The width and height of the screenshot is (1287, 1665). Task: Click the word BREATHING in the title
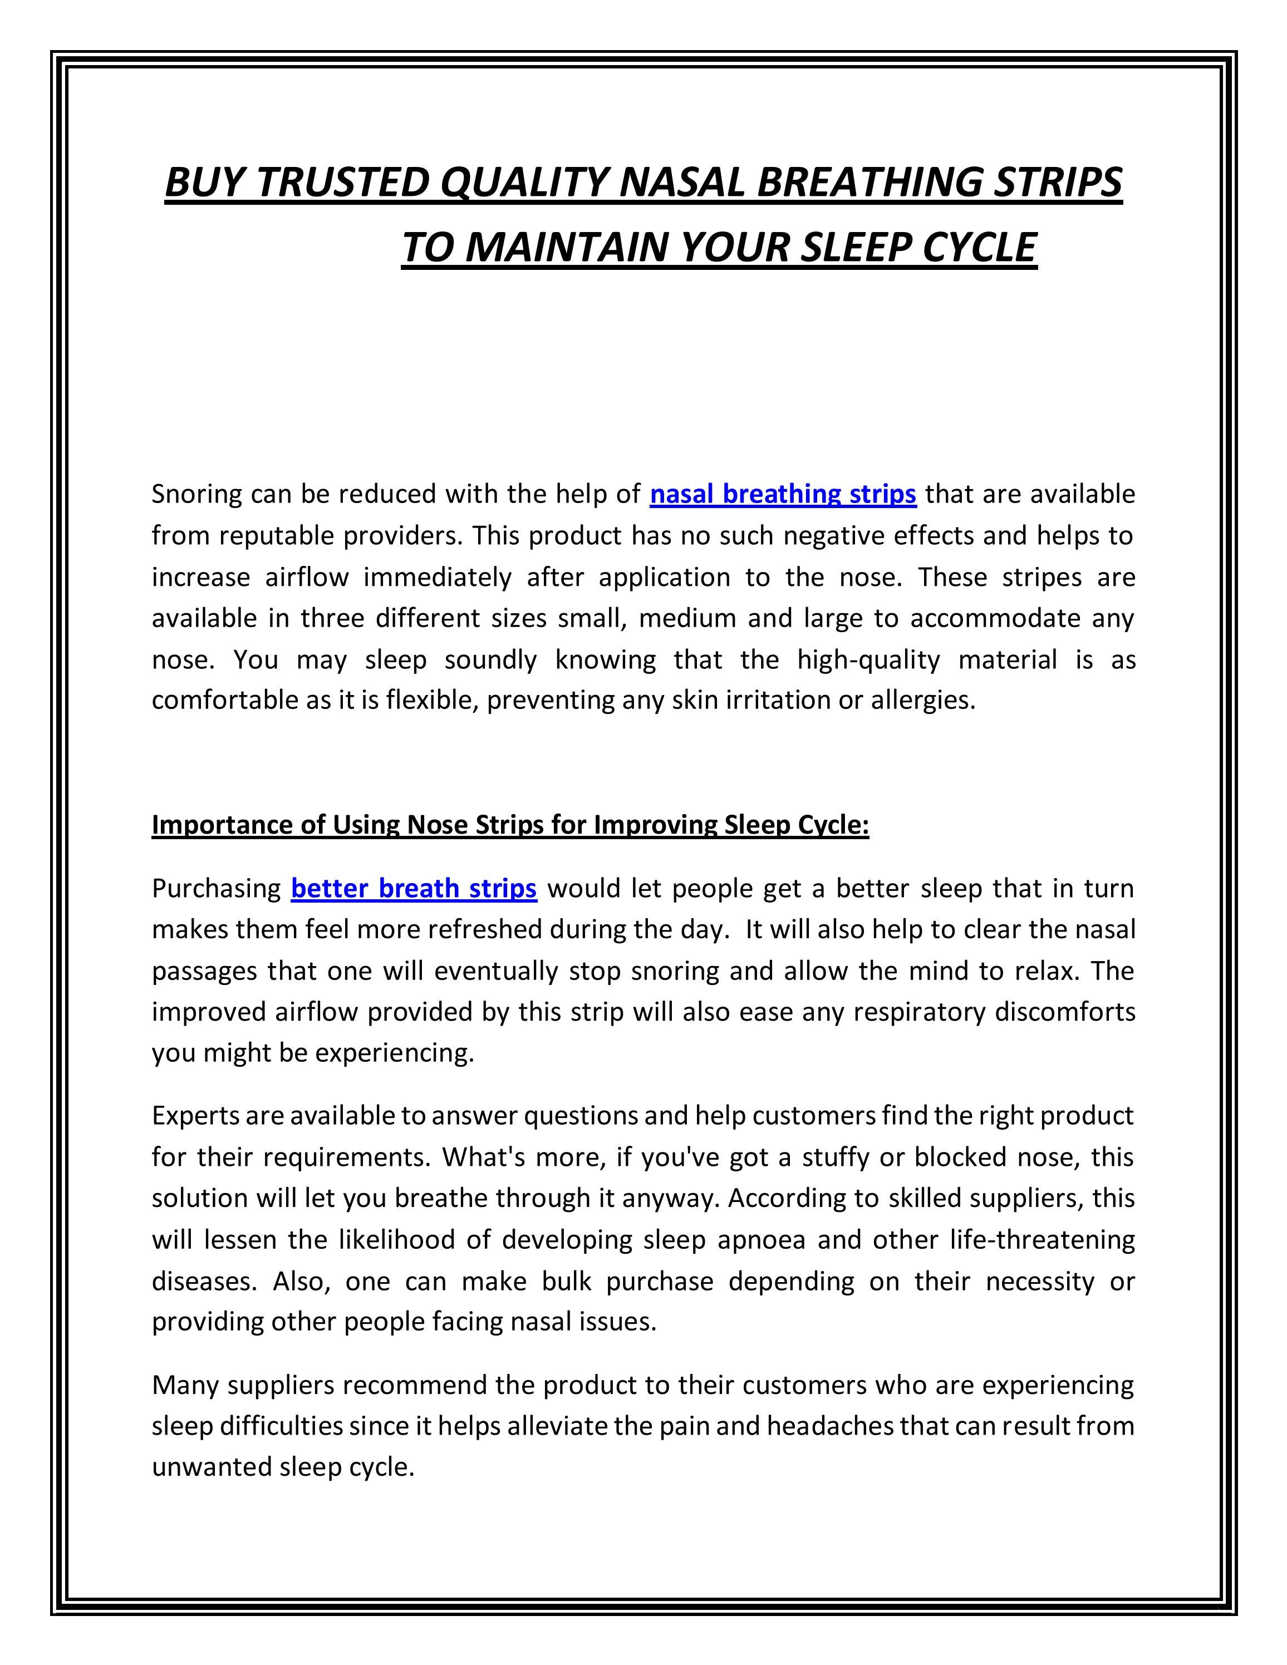tap(868, 183)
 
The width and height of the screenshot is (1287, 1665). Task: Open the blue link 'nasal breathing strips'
tap(782, 495)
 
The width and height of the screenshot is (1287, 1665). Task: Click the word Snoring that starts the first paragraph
tap(196, 495)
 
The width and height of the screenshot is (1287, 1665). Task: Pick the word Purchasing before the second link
tap(217, 889)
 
